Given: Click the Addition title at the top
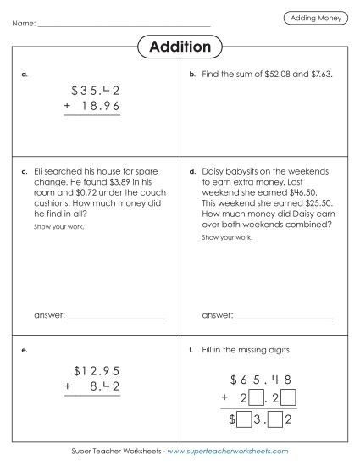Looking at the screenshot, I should click(x=180, y=47).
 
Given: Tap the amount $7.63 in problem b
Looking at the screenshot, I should click(x=318, y=75).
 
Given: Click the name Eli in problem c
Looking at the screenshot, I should click(x=39, y=170).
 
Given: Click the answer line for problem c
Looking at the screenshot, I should click(x=115, y=316).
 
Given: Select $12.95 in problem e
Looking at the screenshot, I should click(x=96, y=370).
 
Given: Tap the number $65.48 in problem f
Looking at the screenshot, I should click(x=265, y=379).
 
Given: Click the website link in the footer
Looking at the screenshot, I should click(x=227, y=452).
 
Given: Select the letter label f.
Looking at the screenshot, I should click(x=192, y=350).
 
